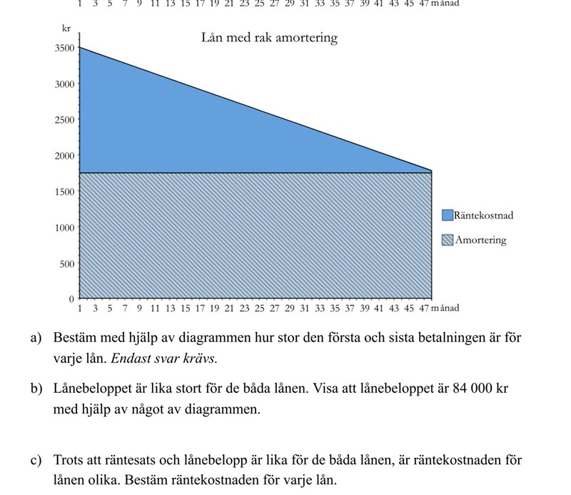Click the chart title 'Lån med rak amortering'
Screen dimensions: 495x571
269,38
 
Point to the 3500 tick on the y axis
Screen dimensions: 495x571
65,49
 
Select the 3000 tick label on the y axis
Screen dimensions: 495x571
65,84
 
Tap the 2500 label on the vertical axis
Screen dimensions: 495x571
65,120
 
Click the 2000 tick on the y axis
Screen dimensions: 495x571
65,156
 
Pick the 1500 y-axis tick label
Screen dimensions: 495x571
65,191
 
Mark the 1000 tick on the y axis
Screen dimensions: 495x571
65,228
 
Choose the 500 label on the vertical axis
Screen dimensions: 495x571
67,264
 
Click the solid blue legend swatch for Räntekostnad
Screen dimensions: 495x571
448,215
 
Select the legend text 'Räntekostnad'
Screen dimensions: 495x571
483,215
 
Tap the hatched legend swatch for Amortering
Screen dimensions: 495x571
448,240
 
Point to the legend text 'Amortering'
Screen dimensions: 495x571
480,240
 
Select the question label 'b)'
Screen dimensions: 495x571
36,389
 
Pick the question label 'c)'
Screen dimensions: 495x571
36,461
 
